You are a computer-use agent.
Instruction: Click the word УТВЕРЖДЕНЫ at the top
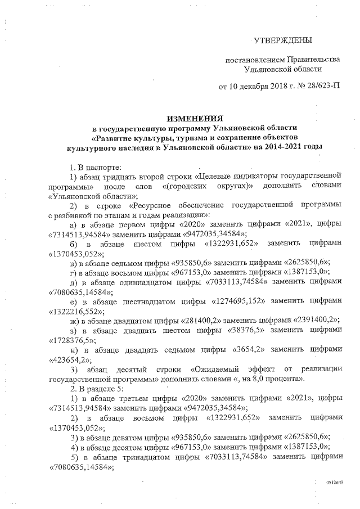(282, 40)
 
